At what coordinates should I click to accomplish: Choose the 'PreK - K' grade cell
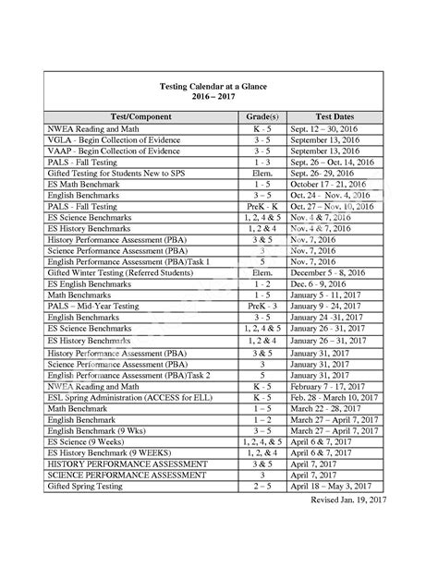click(262, 207)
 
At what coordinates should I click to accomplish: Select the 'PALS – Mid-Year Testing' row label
click(100, 305)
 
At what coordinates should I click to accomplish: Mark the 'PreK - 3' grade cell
click(262, 305)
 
